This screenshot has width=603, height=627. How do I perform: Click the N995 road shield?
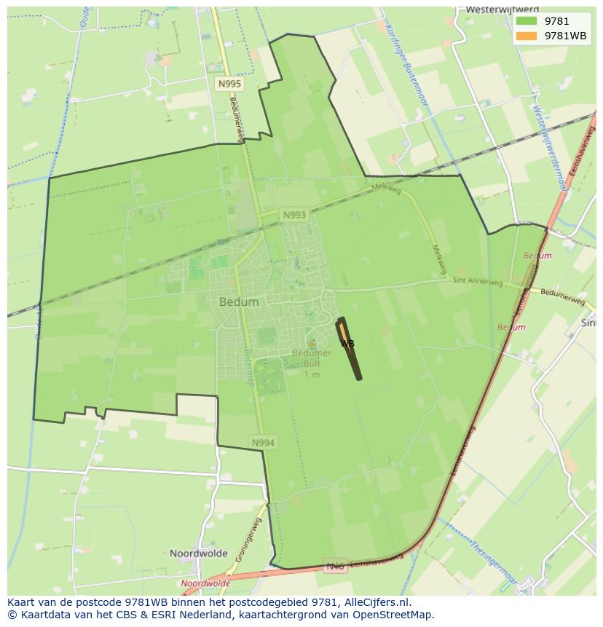point(229,84)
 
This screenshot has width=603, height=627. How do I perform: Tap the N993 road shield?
point(294,215)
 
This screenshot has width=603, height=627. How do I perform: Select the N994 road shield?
point(264,442)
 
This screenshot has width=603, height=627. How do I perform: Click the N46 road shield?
point(335,566)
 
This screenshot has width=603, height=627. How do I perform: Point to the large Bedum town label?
point(239,301)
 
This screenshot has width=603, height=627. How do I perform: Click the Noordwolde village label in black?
point(199,553)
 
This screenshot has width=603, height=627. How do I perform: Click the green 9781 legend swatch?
point(526,21)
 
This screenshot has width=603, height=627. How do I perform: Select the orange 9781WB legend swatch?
point(526,36)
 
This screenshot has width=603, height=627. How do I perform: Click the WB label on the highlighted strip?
point(347,343)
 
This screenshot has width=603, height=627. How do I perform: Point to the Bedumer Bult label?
point(312,358)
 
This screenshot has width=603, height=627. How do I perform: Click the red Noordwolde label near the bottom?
point(205,583)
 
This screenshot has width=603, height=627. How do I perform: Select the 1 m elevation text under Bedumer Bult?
point(312,374)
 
